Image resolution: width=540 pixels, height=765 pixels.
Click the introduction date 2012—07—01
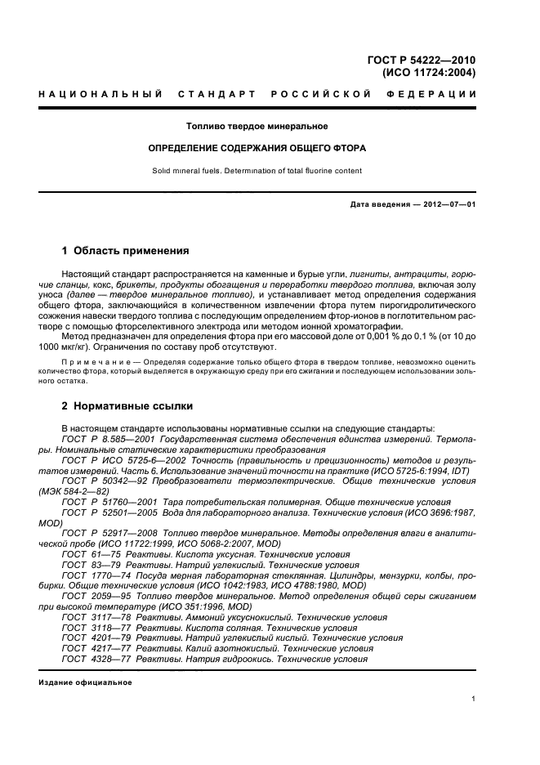point(448,204)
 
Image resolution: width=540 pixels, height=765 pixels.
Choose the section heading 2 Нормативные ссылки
point(127,405)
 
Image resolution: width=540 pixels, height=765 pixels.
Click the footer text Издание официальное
point(85,682)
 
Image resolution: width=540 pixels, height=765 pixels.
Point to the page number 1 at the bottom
point(474,699)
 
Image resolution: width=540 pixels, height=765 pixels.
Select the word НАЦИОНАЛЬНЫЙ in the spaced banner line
point(100,95)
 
